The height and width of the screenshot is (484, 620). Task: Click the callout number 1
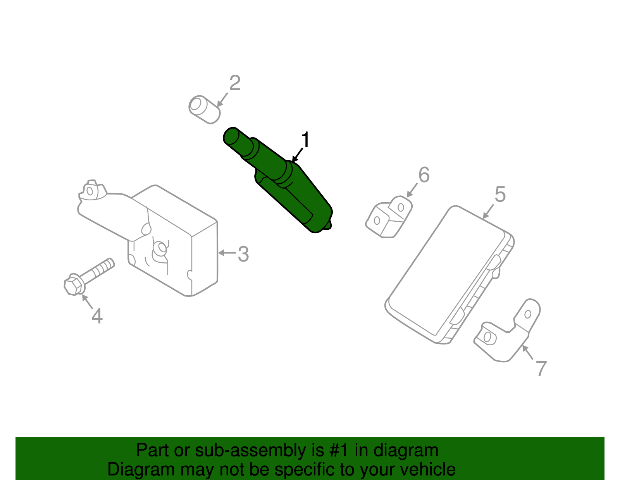click(306, 140)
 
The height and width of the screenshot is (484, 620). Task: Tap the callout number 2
click(235, 83)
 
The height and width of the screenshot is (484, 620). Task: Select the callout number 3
click(243, 254)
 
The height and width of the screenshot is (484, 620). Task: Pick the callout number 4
click(97, 316)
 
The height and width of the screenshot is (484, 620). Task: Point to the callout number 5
click(500, 195)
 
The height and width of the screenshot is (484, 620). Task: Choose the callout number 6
click(424, 175)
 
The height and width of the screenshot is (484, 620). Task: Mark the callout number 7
click(541, 369)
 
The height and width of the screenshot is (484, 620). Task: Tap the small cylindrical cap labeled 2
click(205, 110)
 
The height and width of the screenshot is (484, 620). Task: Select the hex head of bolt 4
click(74, 286)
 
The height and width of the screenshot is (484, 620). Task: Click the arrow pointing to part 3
click(227, 253)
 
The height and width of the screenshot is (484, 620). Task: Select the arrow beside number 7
click(527, 352)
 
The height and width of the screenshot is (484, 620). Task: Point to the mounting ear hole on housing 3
click(90, 191)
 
